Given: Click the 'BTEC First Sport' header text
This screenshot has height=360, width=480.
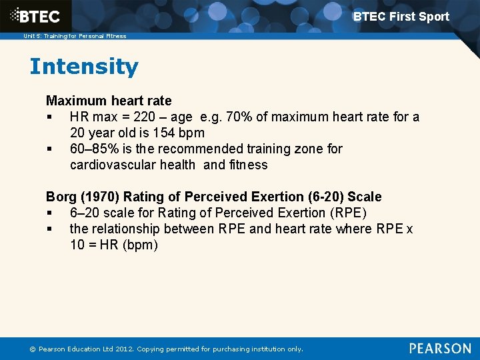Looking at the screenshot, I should pos(401,17).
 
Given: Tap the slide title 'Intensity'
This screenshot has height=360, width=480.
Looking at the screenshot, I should pos(84,67).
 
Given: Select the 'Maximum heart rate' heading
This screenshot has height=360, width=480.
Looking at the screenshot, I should pos(109,101).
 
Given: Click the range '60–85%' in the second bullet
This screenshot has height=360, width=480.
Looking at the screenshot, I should pos(93,149).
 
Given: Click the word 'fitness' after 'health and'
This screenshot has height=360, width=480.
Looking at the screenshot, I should pos(248,165).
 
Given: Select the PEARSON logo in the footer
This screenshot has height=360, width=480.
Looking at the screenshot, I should pos(439,348).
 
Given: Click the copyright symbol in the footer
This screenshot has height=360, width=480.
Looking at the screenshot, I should pos(31,349).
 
